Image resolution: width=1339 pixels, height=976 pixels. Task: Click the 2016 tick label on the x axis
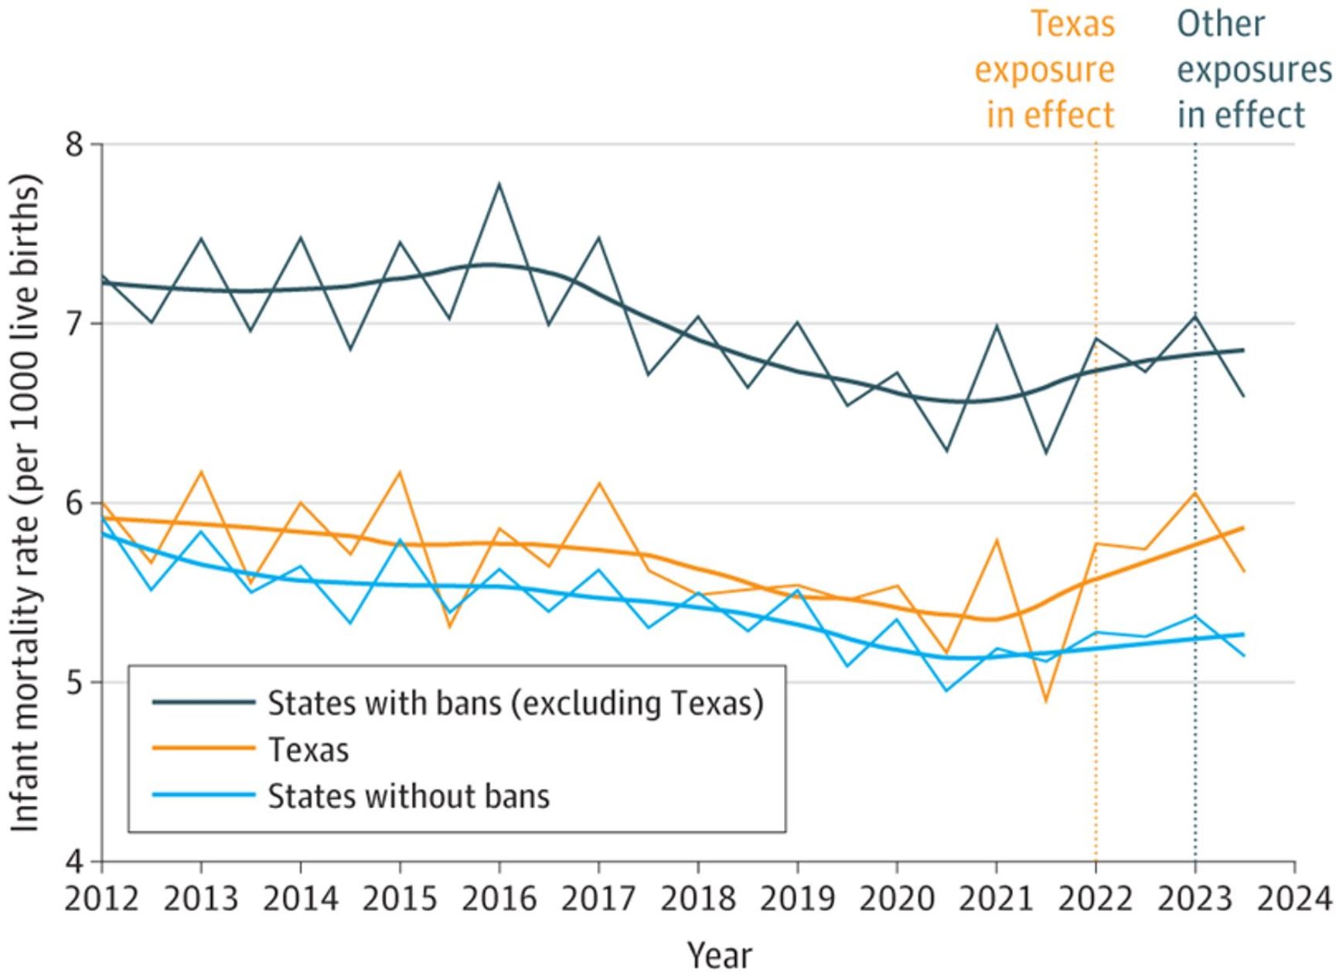click(x=499, y=899)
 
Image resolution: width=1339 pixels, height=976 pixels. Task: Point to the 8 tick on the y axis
click(x=74, y=145)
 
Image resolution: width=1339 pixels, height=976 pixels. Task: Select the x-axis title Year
click(x=719, y=956)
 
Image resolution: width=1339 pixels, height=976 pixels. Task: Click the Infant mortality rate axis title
click(x=26, y=503)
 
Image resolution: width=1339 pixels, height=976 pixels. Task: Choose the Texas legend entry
click(x=308, y=749)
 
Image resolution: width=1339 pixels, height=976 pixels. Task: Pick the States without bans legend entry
click(x=408, y=796)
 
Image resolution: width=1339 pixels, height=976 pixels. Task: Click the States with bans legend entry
click(x=515, y=703)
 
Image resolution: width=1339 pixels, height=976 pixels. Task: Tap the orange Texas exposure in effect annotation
click(x=1045, y=70)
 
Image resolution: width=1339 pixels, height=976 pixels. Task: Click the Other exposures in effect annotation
click(x=1252, y=70)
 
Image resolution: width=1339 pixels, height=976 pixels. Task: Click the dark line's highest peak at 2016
click(x=499, y=184)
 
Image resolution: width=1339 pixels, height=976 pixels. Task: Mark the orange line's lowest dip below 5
click(x=1046, y=701)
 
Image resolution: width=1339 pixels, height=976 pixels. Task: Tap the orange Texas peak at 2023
click(x=1195, y=493)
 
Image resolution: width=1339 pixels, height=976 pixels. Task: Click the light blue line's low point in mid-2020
click(x=946, y=690)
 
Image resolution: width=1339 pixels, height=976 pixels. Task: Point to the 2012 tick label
click(x=101, y=899)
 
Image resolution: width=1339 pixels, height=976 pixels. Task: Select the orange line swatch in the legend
click(x=203, y=749)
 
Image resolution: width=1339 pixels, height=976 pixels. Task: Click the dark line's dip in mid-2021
click(x=1046, y=452)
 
